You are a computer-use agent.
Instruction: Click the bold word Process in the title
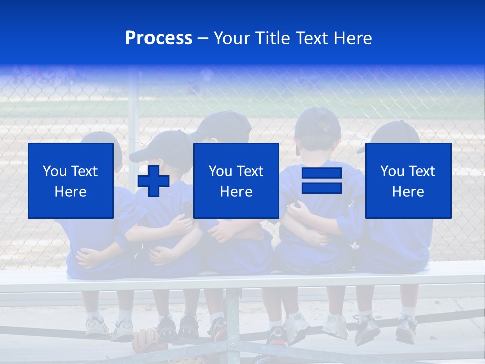pos(159,38)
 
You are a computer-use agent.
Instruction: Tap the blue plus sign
pos(154,180)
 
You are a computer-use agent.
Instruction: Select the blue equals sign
pos(321,180)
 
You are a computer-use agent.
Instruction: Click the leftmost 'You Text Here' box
pos(71,180)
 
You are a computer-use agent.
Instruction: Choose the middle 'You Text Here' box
pos(236,180)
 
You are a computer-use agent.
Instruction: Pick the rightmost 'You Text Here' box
pos(408,180)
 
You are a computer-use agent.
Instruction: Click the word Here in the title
pos(352,38)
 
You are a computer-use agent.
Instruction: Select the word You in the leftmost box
pos(54,171)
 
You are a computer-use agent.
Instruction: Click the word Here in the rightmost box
pos(408,192)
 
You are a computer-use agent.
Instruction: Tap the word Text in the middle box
pos(250,171)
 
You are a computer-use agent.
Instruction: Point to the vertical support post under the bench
pos(233,318)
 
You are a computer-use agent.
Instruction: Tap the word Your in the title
pos(232,38)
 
